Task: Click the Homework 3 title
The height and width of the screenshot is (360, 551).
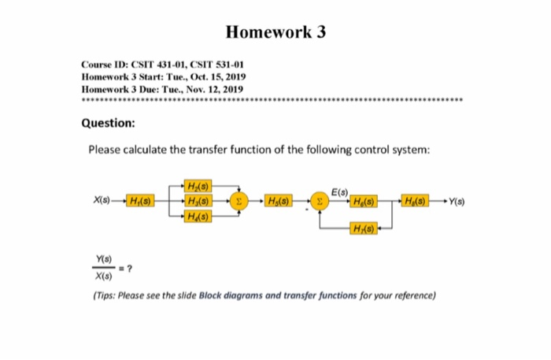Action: (x=275, y=32)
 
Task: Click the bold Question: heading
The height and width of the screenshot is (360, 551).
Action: (x=109, y=124)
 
